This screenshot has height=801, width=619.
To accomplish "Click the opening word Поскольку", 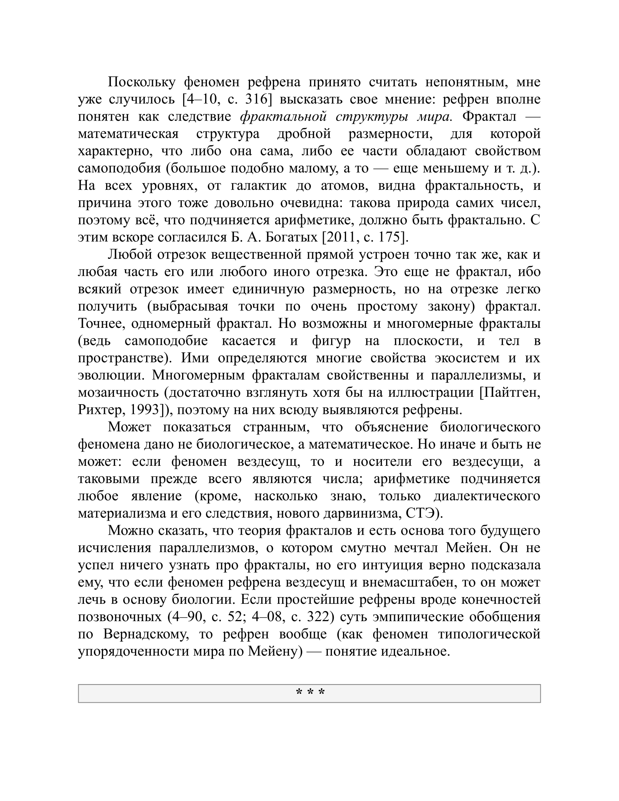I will coord(141,82).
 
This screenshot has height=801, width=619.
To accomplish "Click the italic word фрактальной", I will coord(284,117).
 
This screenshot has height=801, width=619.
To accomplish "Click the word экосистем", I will coord(476,358).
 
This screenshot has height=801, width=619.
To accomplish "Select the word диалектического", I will coord(487,496).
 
